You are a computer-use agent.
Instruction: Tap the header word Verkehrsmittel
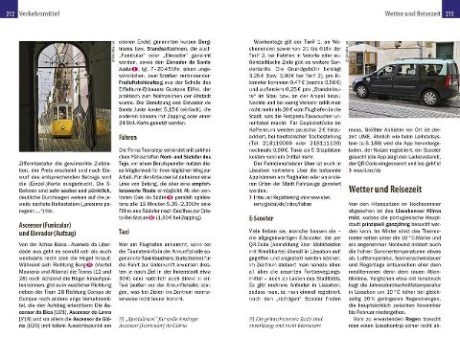pos(40,7)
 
